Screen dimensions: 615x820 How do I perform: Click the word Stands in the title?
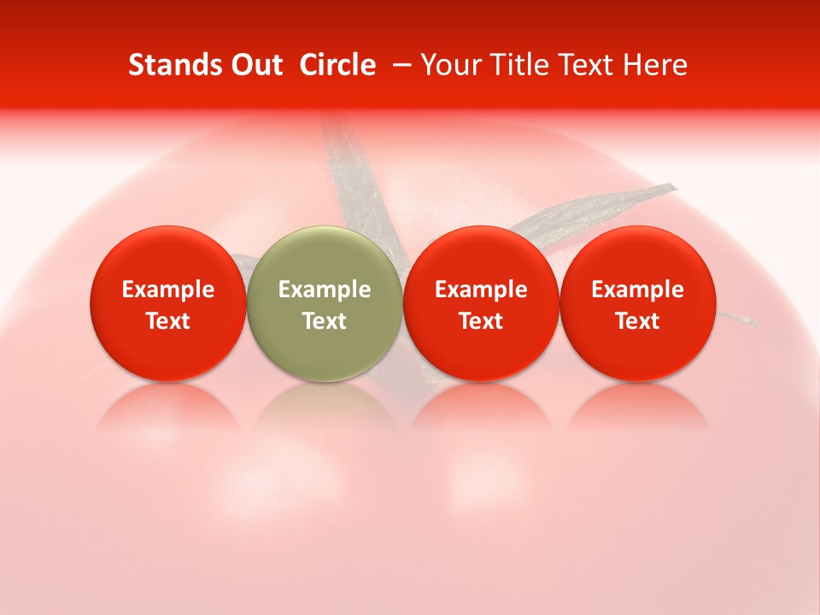pos(169,65)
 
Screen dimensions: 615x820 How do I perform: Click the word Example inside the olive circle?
pos(325,290)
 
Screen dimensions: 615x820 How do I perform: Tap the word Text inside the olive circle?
pos(325,321)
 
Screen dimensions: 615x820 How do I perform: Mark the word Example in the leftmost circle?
pos(168,290)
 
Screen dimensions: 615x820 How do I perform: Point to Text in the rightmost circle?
pos(637,321)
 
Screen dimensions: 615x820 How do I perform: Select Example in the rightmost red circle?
pos(637,290)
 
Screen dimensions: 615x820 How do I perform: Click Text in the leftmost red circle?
pos(168,321)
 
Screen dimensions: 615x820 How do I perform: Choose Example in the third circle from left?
pos(481,290)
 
